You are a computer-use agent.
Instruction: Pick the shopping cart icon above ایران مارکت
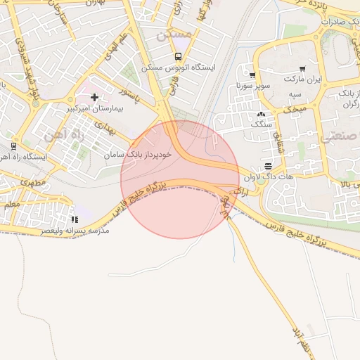point(302,69)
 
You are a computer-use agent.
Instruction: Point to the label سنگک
point(262,124)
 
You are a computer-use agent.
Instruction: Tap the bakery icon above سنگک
point(262,113)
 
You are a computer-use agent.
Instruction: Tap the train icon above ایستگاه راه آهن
point(13,146)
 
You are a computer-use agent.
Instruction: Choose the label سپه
point(295,94)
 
